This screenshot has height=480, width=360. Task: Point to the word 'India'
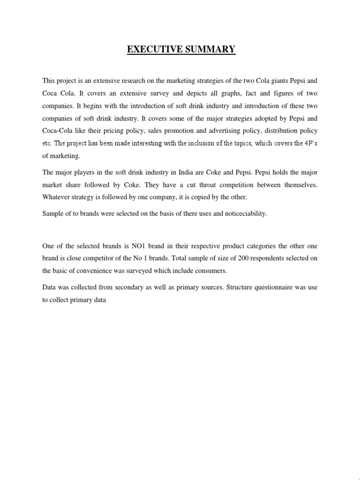182,172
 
